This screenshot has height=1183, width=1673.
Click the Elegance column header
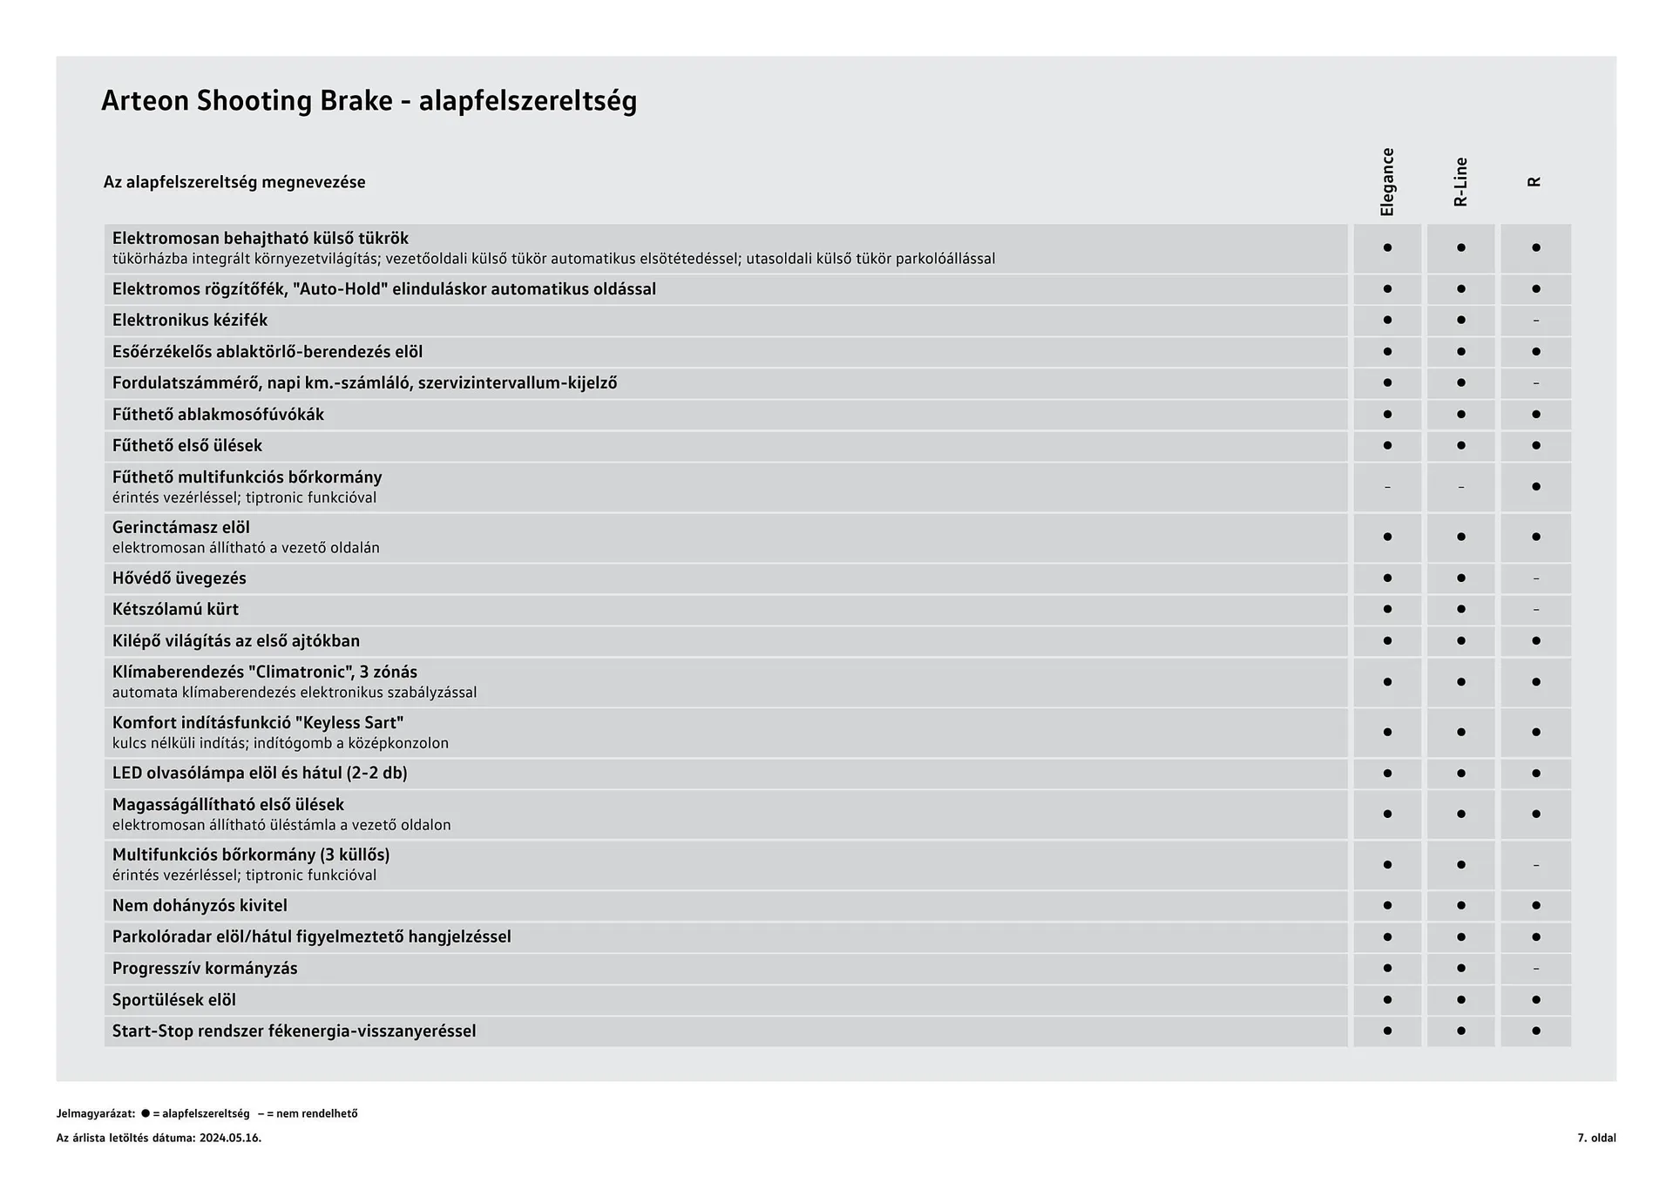[x=1387, y=182]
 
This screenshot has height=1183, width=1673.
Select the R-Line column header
[x=1461, y=182]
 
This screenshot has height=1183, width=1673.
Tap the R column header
[x=1535, y=182]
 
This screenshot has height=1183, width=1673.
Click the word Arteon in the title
[x=145, y=101]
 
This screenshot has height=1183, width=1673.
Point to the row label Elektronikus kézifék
[x=190, y=321]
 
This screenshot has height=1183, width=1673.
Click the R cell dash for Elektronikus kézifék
[x=1535, y=321]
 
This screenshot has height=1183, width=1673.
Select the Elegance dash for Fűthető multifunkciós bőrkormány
[x=1387, y=487]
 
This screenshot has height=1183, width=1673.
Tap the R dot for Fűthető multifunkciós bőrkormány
[x=1535, y=487]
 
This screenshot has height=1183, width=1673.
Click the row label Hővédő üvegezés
[x=179, y=578]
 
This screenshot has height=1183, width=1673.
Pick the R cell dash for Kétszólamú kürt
[x=1535, y=610]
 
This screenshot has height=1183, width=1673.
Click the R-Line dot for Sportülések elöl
[x=1461, y=1000]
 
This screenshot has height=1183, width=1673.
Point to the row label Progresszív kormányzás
[x=205, y=969]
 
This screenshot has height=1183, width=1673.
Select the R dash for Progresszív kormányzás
[x=1535, y=969]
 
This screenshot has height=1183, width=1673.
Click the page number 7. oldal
[x=1596, y=1138]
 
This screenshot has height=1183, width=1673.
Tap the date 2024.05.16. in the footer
[x=230, y=1138]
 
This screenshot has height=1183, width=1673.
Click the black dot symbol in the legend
[x=146, y=1113]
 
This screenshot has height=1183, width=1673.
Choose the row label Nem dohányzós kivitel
[x=200, y=906]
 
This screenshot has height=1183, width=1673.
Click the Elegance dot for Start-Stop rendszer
[x=1387, y=1031]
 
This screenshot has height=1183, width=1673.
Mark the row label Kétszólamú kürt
[x=175, y=610]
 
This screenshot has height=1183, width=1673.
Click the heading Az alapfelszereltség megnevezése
[x=234, y=182]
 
